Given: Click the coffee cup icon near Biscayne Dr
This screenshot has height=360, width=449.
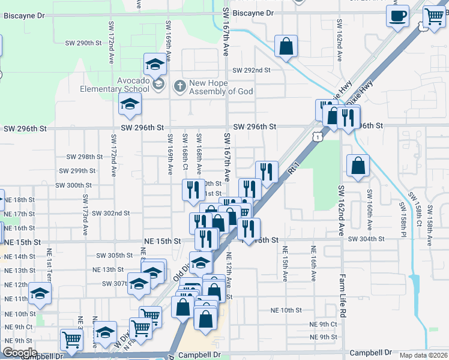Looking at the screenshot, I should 398,16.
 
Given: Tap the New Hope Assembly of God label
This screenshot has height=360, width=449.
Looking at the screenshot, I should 221,87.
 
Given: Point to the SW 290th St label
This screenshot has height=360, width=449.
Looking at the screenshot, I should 83,43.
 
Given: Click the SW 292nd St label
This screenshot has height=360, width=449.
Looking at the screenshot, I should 252,70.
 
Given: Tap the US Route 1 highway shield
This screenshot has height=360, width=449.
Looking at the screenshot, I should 316,137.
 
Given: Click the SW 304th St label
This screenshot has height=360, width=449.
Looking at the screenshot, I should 368,238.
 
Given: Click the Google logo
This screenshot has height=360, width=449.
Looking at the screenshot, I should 19,353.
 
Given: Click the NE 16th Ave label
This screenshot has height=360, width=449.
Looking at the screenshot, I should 313,263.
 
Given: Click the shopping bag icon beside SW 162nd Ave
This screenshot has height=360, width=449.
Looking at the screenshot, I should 358,166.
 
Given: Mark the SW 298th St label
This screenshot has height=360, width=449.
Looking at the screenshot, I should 85,157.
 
